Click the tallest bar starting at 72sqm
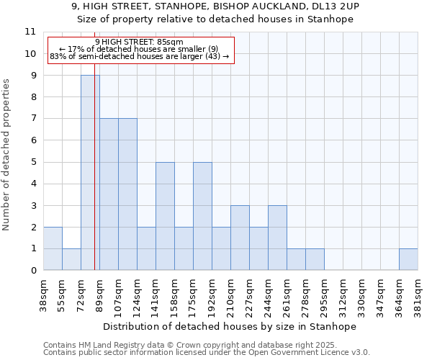point(90,173)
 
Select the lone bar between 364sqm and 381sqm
point(408,259)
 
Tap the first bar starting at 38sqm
point(53,248)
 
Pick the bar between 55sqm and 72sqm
point(71,259)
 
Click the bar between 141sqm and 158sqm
point(165,216)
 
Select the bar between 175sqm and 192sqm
point(202,216)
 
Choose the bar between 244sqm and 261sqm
point(277,238)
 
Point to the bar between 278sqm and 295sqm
point(315,259)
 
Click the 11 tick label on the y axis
point(30,32)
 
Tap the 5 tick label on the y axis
point(32,162)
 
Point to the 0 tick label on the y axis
point(32,271)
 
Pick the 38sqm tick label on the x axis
point(43,293)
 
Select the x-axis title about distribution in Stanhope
point(230,326)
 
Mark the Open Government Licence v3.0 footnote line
point(207,353)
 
